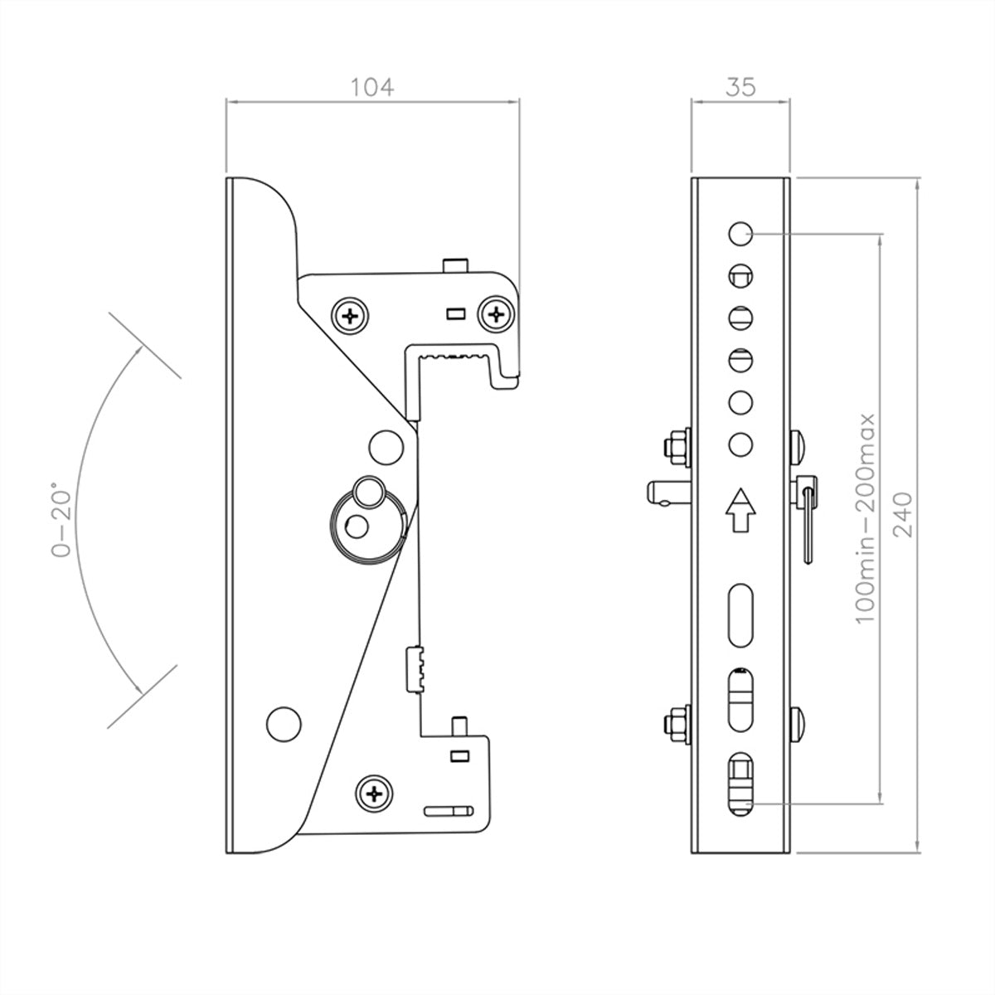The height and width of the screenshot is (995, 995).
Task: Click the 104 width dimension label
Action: coord(372,87)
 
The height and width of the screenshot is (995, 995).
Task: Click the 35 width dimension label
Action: coord(740,87)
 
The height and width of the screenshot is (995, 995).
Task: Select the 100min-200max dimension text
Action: coord(866,518)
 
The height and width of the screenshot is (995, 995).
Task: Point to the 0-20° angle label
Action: coord(61,519)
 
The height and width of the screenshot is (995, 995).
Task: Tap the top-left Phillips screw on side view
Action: coord(351,315)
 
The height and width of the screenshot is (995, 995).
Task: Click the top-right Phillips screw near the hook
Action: coord(496,314)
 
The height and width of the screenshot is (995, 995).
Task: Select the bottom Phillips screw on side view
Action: coord(374,794)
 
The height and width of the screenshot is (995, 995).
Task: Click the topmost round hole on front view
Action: coord(740,234)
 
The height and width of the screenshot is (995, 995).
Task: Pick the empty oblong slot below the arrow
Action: coord(740,615)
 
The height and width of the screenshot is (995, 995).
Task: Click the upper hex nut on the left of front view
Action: coord(677,447)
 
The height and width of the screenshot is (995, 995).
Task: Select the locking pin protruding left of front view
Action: coord(668,492)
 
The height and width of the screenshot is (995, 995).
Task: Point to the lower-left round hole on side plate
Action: coord(284,725)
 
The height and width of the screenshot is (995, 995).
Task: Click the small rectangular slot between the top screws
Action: coord(456,313)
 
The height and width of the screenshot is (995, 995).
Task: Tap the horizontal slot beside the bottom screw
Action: coord(449,811)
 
